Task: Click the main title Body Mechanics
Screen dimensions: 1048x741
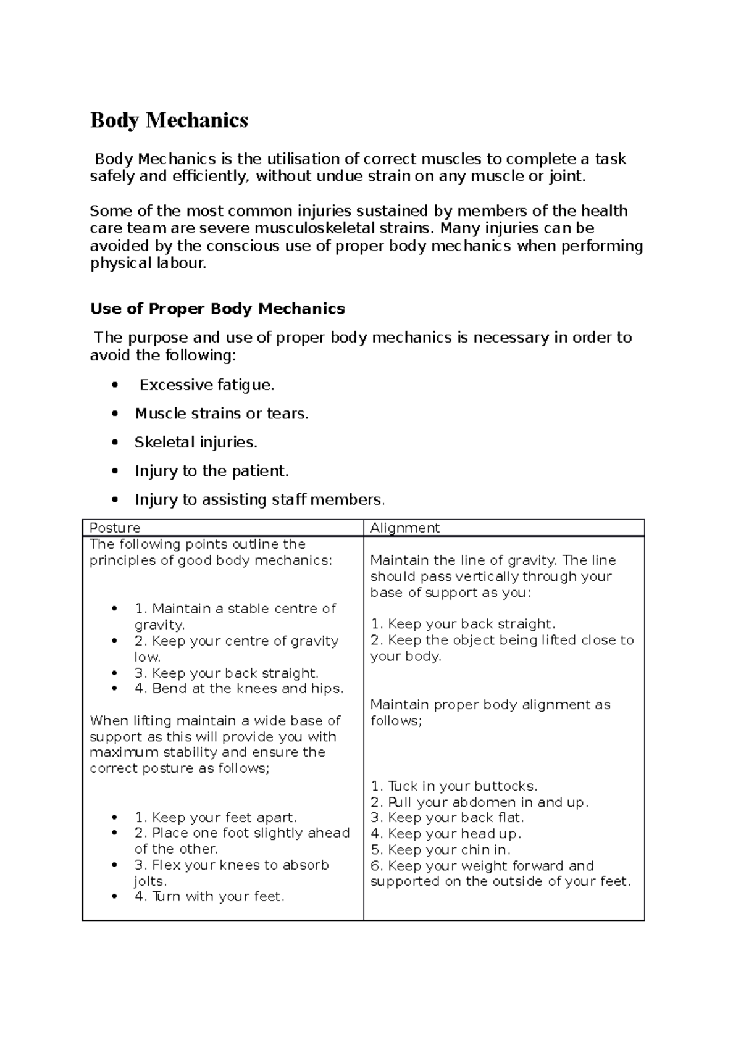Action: pyautogui.click(x=169, y=120)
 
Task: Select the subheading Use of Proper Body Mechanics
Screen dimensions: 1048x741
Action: pyautogui.click(x=217, y=309)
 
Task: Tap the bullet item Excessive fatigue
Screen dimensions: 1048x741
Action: pyautogui.click(x=206, y=385)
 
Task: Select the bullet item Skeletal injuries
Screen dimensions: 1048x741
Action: pyautogui.click(x=196, y=443)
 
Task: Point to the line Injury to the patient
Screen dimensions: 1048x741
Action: pyautogui.click(x=212, y=472)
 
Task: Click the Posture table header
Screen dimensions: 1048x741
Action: pyautogui.click(x=115, y=528)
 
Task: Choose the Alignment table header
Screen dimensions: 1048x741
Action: pyautogui.click(x=404, y=528)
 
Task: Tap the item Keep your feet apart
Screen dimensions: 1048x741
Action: pyautogui.click(x=216, y=818)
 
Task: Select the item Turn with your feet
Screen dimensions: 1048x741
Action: pyautogui.click(x=209, y=897)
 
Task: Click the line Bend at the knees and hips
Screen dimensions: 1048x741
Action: pyautogui.click(x=239, y=689)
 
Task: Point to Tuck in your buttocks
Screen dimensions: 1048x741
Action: pyautogui.click(x=454, y=786)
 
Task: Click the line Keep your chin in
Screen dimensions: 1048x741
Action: pyautogui.click(x=440, y=850)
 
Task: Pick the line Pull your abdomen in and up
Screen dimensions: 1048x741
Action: pyautogui.click(x=479, y=802)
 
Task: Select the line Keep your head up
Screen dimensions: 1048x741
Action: pyautogui.click(x=446, y=834)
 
